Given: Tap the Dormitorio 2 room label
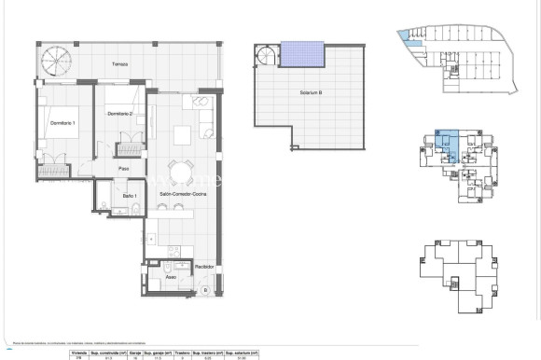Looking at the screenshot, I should pos(119,114).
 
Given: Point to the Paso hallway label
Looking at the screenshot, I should pos(123,168).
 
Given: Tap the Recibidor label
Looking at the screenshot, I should pos(205,267).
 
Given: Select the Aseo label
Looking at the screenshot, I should pos(170,277).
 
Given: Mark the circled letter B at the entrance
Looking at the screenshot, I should pos(205,291).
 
